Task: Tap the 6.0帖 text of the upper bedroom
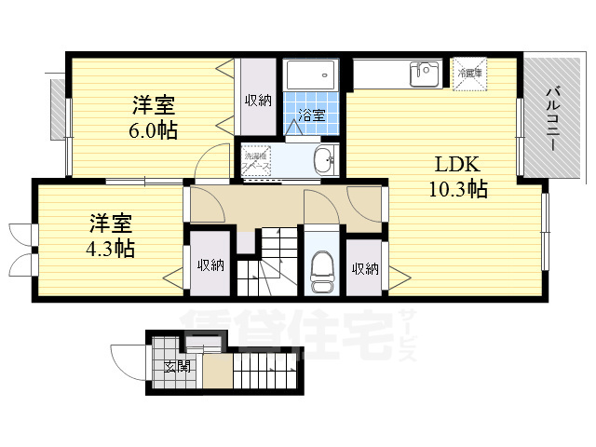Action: (x=154, y=130)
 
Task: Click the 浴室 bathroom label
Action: (x=311, y=115)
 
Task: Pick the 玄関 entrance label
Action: (x=177, y=366)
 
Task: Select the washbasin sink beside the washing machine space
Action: (x=325, y=160)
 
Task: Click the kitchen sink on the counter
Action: (x=427, y=72)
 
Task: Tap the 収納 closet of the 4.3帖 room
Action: (x=210, y=264)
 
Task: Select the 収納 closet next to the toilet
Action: (x=365, y=268)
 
